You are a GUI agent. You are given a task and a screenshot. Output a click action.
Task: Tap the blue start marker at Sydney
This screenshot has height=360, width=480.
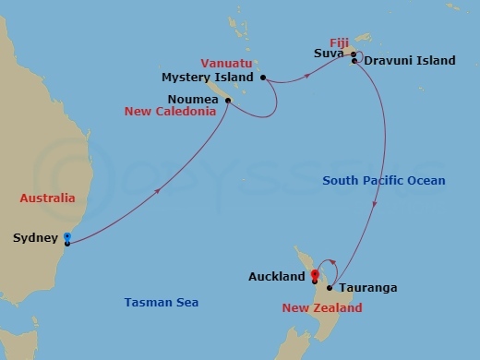pos(66,239)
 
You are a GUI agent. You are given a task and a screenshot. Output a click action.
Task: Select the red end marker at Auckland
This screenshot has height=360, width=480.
pos(315,274)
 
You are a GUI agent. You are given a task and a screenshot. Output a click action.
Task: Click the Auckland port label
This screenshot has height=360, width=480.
pos(277,277)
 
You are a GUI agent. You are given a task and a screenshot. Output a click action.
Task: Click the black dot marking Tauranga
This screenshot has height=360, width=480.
pos(330,287)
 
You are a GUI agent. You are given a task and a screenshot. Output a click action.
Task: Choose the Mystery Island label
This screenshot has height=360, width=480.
pos(210,77)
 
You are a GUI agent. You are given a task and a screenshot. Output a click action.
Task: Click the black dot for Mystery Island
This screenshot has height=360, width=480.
pos(263,77)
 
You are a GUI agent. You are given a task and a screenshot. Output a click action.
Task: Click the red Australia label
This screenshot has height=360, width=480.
pos(47,198)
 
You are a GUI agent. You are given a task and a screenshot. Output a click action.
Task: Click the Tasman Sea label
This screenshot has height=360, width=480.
pos(161,302)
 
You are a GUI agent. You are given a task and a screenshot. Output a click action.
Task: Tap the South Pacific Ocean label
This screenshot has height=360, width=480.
pos(383,181)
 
